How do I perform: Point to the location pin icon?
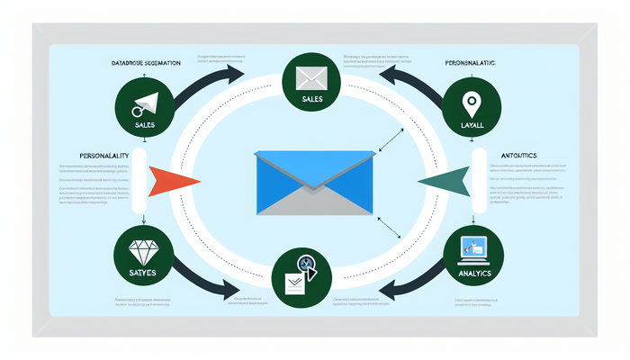point(471,103)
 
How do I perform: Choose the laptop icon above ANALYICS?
point(473,247)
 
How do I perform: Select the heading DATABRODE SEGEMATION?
point(144,63)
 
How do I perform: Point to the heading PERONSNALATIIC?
point(472,63)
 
